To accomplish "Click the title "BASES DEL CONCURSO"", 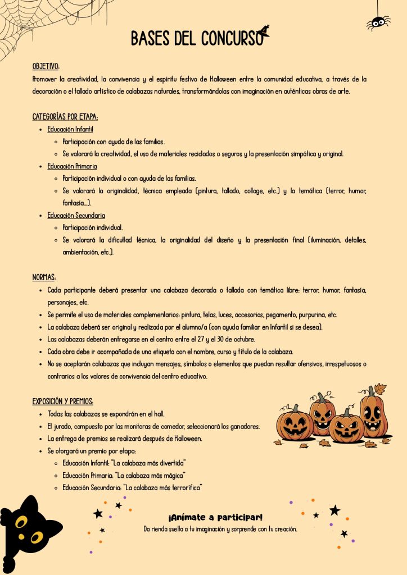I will tap(196, 38).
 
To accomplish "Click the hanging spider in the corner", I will tap(378, 22).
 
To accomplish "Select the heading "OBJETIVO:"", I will tap(46, 66).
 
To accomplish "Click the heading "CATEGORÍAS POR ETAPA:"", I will tap(65, 117).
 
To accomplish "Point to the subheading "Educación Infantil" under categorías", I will tap(70, 129).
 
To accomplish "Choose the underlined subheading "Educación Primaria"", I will tap(72, 166).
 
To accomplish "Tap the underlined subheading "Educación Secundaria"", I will tap(76, 215).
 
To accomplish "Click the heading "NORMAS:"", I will tap(44, 277).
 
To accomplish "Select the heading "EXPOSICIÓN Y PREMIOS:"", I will tap(63, 401).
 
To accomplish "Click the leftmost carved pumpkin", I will tap(295, 425).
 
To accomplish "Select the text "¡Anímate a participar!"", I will tap(215, 517).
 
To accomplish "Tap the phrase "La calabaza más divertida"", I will tap(149, 463).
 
